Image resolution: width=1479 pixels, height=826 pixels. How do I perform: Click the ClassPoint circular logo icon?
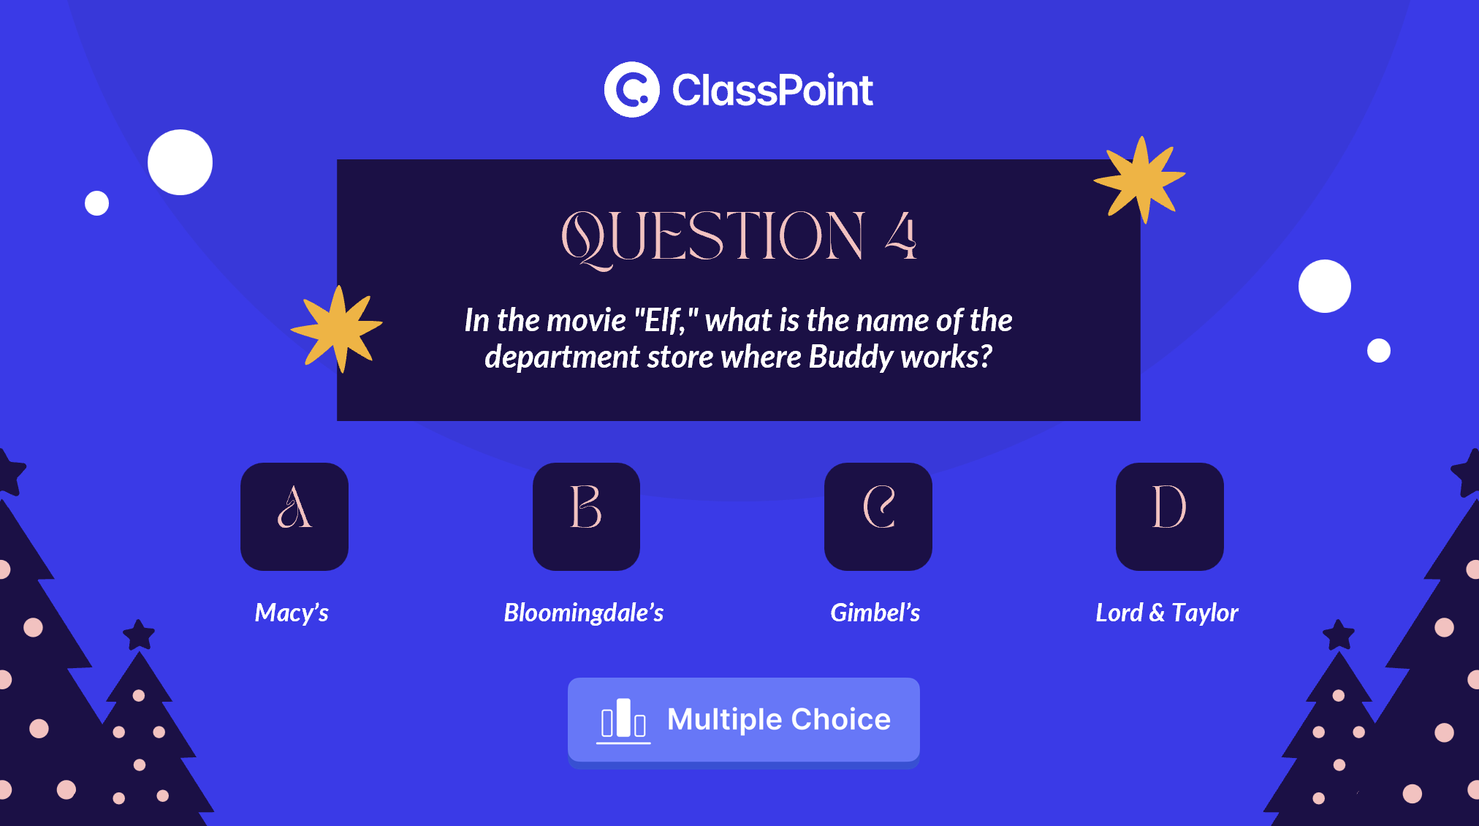click(632, 89)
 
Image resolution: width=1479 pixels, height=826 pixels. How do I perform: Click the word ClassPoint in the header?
click(772, 90)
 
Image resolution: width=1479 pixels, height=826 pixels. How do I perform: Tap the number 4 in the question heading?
click(901, 235)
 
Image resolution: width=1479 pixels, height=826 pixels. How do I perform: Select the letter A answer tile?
click(294, 516)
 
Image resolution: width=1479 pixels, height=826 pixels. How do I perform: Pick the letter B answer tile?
click(586, 516)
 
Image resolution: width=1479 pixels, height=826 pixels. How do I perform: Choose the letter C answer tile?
click(878, 516)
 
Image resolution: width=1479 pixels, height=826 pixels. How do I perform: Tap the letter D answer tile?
click(1170, 516)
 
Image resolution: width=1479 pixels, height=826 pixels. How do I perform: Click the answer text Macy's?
click(292, 613)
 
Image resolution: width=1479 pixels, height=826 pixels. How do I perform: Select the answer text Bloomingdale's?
click(584, 613)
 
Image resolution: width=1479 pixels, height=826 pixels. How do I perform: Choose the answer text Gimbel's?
click(875, 613)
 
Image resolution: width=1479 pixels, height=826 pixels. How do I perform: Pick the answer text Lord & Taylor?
click(1167, 613)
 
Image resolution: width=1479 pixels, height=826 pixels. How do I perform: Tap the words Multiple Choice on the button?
click(779, 719)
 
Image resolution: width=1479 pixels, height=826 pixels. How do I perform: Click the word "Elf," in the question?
click(666, 320)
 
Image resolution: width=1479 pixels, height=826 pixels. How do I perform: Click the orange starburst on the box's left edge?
click(337, 329)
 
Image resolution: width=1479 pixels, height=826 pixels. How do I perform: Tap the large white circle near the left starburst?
click(180, 162)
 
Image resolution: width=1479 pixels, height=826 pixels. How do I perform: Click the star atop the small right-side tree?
click(1339, 634)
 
